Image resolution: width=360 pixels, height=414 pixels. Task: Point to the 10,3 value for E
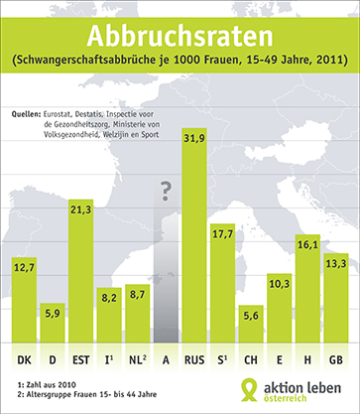click(x=280, y=283)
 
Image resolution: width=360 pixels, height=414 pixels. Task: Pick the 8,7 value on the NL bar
click(x=137, y=293)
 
